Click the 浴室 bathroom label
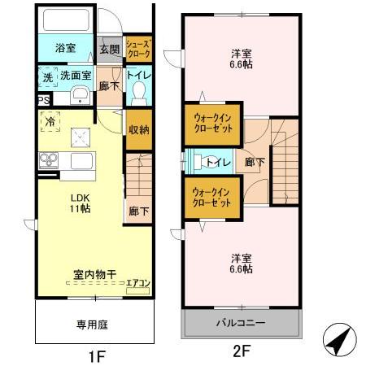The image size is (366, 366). point(66,48)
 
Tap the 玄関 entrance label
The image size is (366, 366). point(110,48)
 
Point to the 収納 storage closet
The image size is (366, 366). point(137,130)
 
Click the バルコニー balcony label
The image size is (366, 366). point(240,323)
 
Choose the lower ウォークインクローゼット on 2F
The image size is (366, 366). point(211,198)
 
